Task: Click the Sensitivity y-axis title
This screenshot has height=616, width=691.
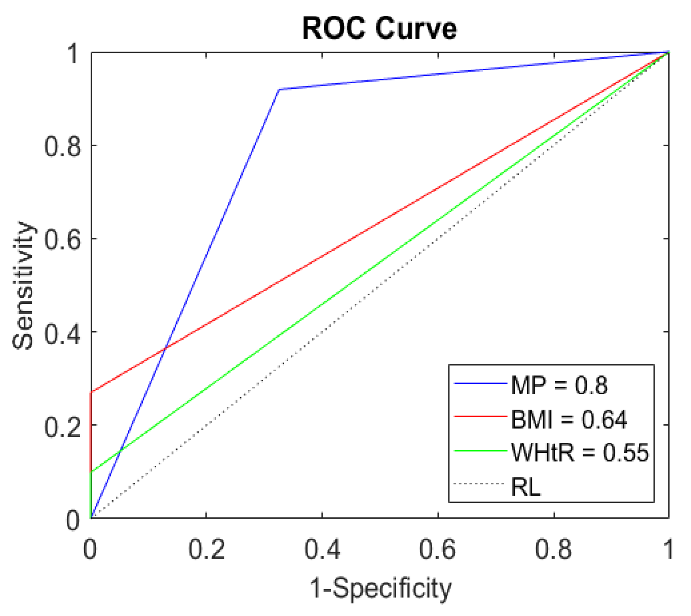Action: click(x=22, y=285)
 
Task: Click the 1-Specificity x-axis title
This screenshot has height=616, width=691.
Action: click(x=380, y=588)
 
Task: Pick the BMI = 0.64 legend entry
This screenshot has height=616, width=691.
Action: click(x=568, y=419)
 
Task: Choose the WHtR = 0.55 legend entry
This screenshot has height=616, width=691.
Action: click(x=579, y=452)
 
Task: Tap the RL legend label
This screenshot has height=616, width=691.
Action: click(x=526, y=486)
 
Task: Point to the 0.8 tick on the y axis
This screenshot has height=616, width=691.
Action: click(x=63, y=146)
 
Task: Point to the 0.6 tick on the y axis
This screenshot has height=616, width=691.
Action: click(x=63, y=239)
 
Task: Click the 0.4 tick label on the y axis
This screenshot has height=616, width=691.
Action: click(x=63, y=332)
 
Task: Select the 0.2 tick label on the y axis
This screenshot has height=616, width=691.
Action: click(x=63, y=426)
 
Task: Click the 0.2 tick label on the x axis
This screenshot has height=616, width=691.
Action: click(x=206, y=549)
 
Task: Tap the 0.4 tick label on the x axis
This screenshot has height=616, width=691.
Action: click(x=322, y=549)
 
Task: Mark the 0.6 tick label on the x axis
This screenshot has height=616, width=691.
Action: click(x=438, y=549)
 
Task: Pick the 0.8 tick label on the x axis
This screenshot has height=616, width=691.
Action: click(x=554, y=549)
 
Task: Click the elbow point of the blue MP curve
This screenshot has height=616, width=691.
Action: click(x=279, y=89)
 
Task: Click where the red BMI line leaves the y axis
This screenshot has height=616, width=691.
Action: click(x=91, y=392)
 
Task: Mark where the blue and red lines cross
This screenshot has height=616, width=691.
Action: click(x=165, y=349)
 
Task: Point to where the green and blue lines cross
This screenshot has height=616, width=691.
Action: click(x=119, y=452)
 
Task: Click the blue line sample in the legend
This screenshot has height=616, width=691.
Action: click(x=480, y=383)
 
